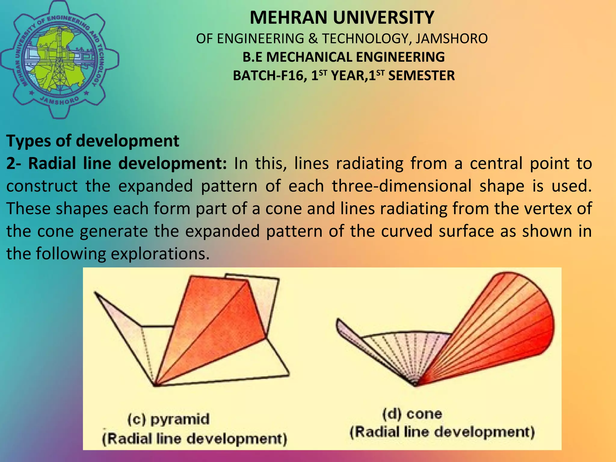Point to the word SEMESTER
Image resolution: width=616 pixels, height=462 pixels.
[x=421, y=76]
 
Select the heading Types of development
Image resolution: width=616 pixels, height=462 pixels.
[x=93, y=141]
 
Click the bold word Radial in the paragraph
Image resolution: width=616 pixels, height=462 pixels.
[x=52, y=164]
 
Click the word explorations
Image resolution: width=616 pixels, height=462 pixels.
[x=160, y=254]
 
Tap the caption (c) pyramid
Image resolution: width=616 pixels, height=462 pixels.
[x=168, y=419]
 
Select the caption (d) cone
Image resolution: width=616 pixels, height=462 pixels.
[x=412, y=414]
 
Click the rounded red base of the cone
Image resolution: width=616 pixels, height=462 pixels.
[x=541, y=325]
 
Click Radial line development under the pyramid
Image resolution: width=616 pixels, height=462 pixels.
[x=195, y=439]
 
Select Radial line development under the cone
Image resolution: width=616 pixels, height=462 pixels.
[x=442, y=432]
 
